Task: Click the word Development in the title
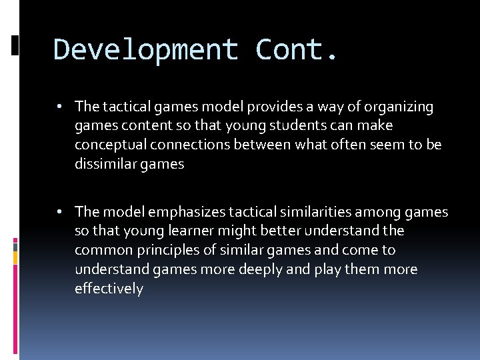[x=145, y=51]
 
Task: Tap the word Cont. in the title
[x=297, y=51]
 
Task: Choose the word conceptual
[x=106, y=145]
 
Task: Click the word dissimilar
[x=103, y=165]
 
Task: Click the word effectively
[x=109, y=289]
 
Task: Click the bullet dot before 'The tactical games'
[x=60, y=107]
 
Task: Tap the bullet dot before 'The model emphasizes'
[x=60, y=212]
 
